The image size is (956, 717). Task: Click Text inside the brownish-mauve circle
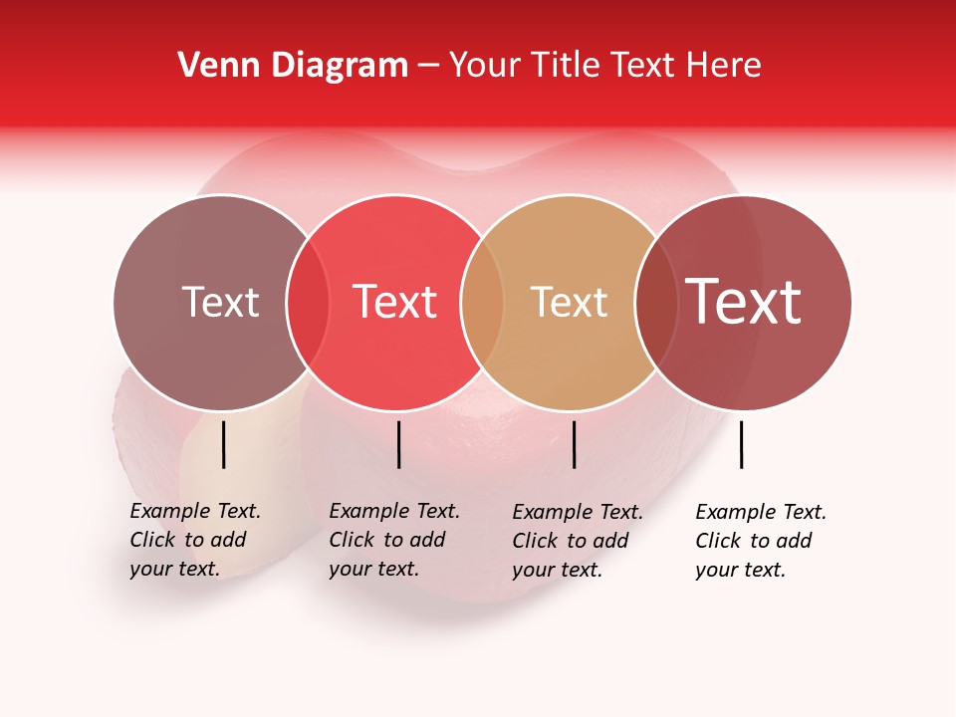(x=220, y=302)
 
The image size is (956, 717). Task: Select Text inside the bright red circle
(x=395, y=302)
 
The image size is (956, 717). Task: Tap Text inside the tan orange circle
(x=569, y=302)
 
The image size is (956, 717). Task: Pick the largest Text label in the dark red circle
(x=744, y=302)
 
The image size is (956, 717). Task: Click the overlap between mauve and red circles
(x=308, y=302)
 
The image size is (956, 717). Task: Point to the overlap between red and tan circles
(x=482, y=302)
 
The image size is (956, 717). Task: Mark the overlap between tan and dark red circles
(x=656, y=302)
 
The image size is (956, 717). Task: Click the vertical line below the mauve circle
(x=223, y=444)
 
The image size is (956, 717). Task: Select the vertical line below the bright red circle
(x=398, y=444)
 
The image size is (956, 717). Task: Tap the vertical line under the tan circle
(x=574, y=444)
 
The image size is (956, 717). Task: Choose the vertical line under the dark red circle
(x=741, y=444)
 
